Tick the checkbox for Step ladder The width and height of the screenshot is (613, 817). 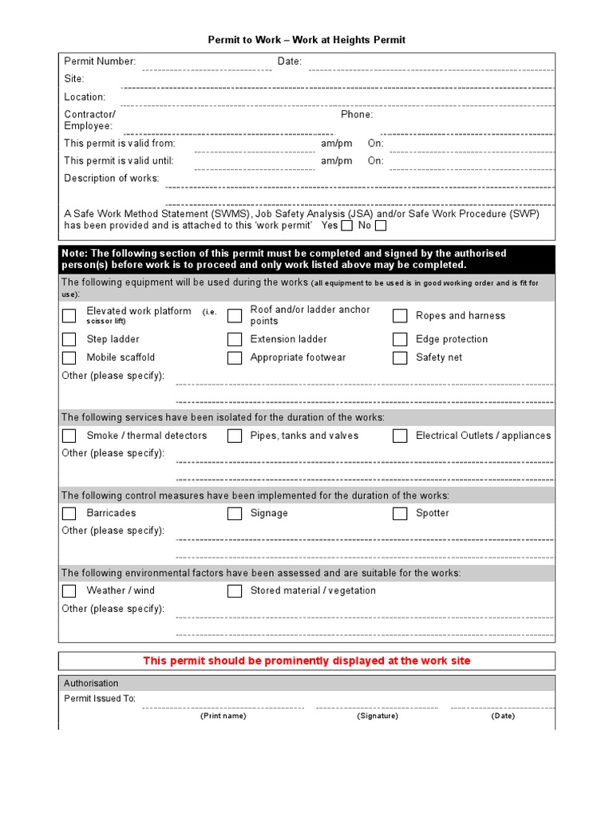(x=69, y=339)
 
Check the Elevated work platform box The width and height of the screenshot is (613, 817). (x=69, y=316)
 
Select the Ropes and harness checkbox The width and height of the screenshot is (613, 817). (x=400, y=316)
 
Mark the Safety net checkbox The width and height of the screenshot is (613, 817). (x=400, y=358)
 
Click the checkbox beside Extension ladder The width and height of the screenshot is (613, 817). (x=235, y=339)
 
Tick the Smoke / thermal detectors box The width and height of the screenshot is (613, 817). (x=69, y=436)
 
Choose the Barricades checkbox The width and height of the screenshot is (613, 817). (x=69, y=514)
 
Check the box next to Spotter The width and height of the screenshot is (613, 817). (x=400, y=514)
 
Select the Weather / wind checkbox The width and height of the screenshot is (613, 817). (x=69, y=591)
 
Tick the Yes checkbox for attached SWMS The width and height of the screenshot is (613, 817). (x=346, y=226)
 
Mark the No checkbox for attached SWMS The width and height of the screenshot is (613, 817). (x=381, y=226)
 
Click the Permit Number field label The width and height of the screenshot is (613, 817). (x=100, y=61)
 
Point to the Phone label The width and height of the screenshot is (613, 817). (x=357, y=115)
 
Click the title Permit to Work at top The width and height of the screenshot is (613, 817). (x=306, y=40)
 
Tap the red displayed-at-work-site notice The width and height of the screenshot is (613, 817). (x=306, y=661)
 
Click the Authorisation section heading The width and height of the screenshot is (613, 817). (x=91, y=684)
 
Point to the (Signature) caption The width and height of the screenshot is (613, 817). (x=378, y=716)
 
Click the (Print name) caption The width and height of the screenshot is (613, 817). (x=223, y=716)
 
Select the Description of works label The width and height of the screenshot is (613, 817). (x=112, y=179)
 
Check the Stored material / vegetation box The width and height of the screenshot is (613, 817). (x=235, y=591)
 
